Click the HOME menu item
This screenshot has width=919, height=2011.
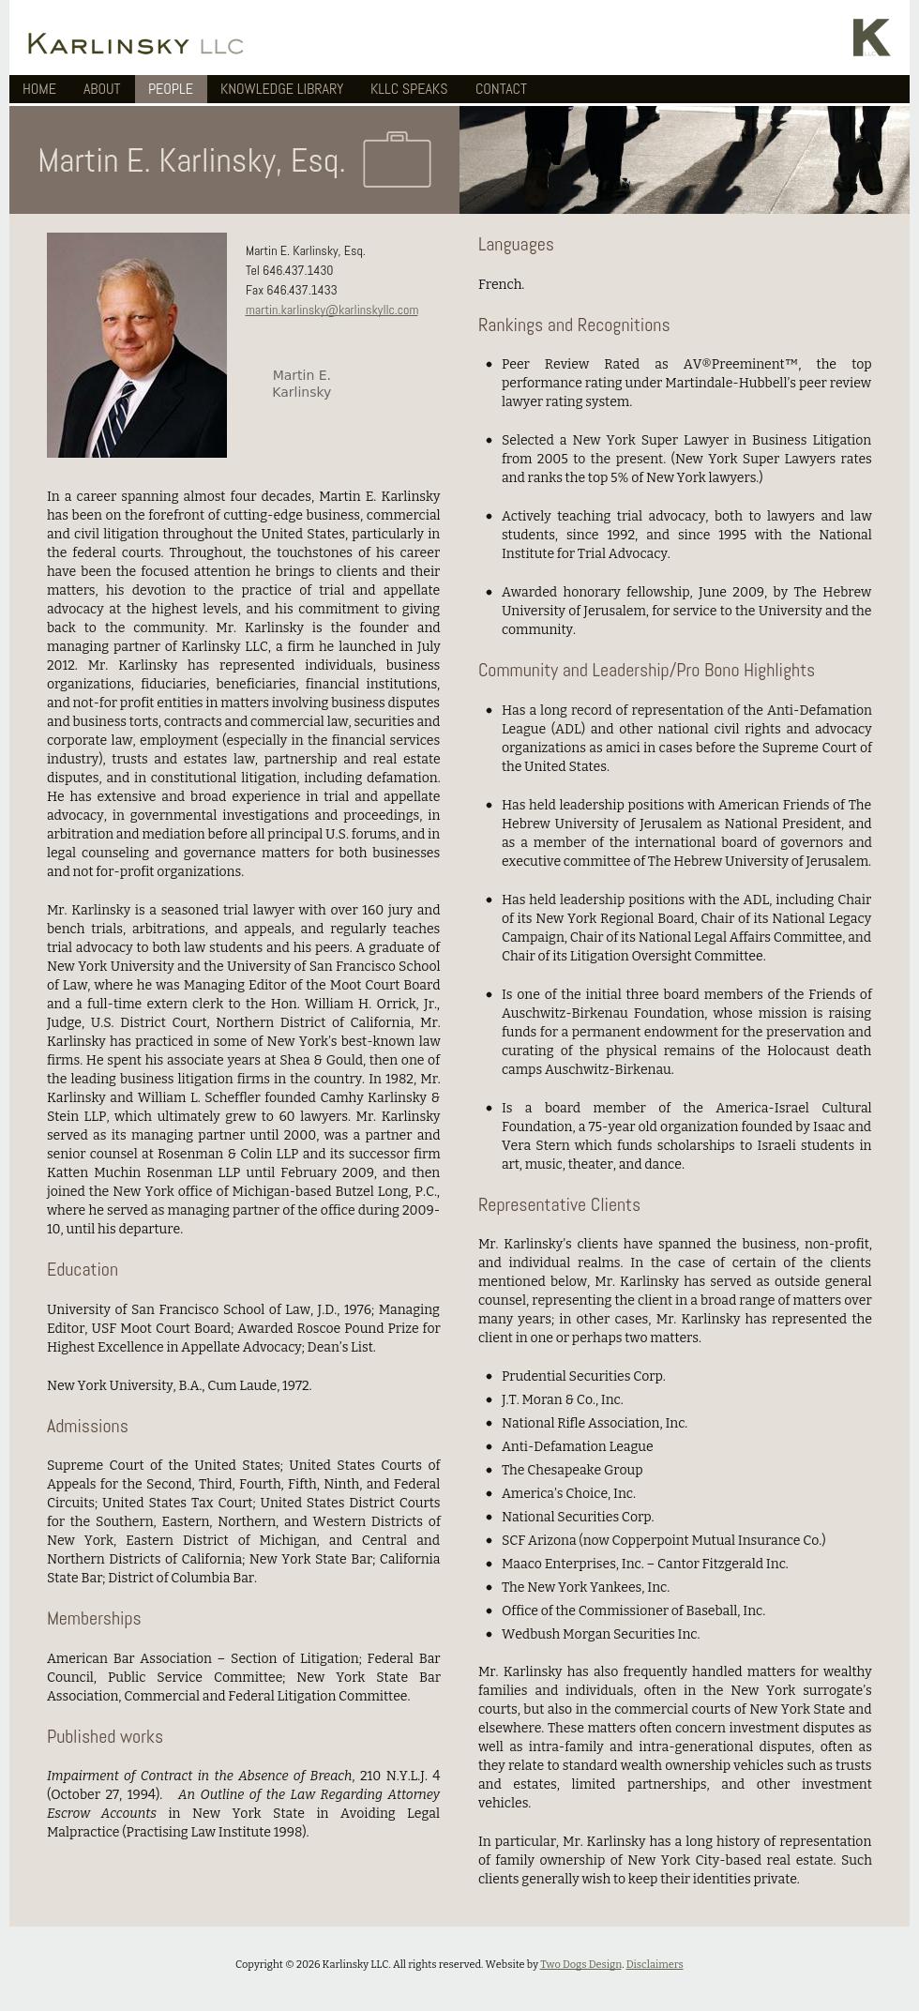pos(39,89)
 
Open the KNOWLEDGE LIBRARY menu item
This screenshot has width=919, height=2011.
pos(281,89)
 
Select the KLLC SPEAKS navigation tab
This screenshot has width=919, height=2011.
pos(409,89)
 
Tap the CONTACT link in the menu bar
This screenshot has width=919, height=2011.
pos(501,89)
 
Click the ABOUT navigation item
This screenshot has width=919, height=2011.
pos(101,89)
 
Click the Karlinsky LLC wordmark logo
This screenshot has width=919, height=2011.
pos(136,44)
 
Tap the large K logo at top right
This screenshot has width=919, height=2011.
pos(871,38)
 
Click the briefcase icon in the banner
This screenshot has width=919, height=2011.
pos(397,160)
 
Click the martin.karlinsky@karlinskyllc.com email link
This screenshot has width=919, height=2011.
pos(331,310)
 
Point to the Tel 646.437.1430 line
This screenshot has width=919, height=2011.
pos(289,271)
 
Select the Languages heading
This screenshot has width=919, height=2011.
pos(516,245)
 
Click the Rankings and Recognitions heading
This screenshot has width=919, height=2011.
pos(573,325)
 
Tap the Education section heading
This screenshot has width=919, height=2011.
pos(83,1270)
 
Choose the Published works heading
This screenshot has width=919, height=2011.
pos(105,1737)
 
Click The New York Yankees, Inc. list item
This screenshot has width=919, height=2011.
pos(585,1587)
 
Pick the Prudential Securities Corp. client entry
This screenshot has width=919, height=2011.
pos(582,1376)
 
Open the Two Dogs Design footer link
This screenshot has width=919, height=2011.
pos(580,1964)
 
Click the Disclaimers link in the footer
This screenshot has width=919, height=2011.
pos(654,1964)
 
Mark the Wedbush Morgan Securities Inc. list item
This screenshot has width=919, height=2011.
pos(600,1634)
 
